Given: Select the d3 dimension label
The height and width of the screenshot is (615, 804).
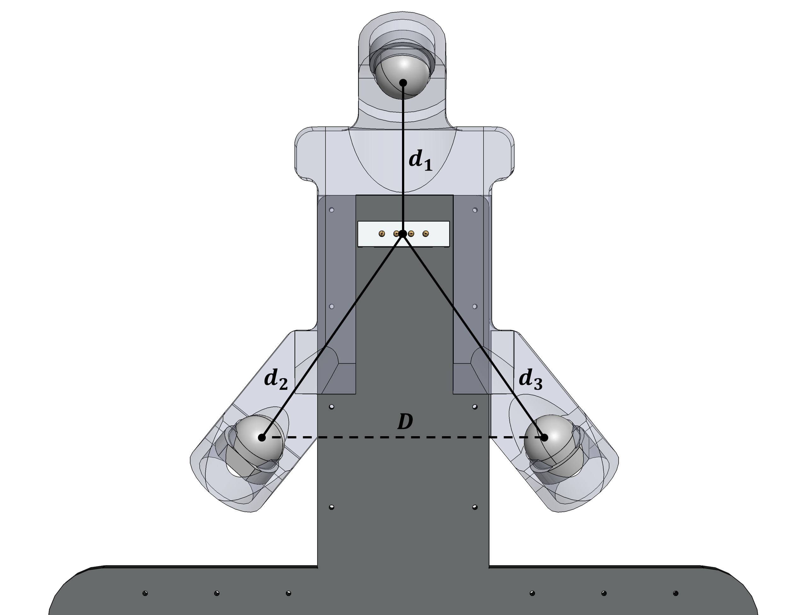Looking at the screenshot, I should (530, 379).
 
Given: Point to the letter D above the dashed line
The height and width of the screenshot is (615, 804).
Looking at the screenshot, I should (405, 422).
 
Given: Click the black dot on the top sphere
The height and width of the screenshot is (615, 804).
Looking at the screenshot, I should (403, 83).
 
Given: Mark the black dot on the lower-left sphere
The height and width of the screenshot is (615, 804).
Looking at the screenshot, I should (262, 437).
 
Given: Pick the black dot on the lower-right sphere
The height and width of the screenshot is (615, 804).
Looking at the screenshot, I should (544, 437).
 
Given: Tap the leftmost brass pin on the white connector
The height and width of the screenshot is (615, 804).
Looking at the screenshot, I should (382, 234).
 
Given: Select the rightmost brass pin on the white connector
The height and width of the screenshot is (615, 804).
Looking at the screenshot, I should (425, 234).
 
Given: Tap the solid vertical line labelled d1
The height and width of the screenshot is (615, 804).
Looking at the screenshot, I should (403, 146).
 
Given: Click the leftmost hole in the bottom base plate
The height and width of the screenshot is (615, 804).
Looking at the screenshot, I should (145, 593).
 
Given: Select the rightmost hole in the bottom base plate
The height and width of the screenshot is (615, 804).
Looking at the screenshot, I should (676, 593).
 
